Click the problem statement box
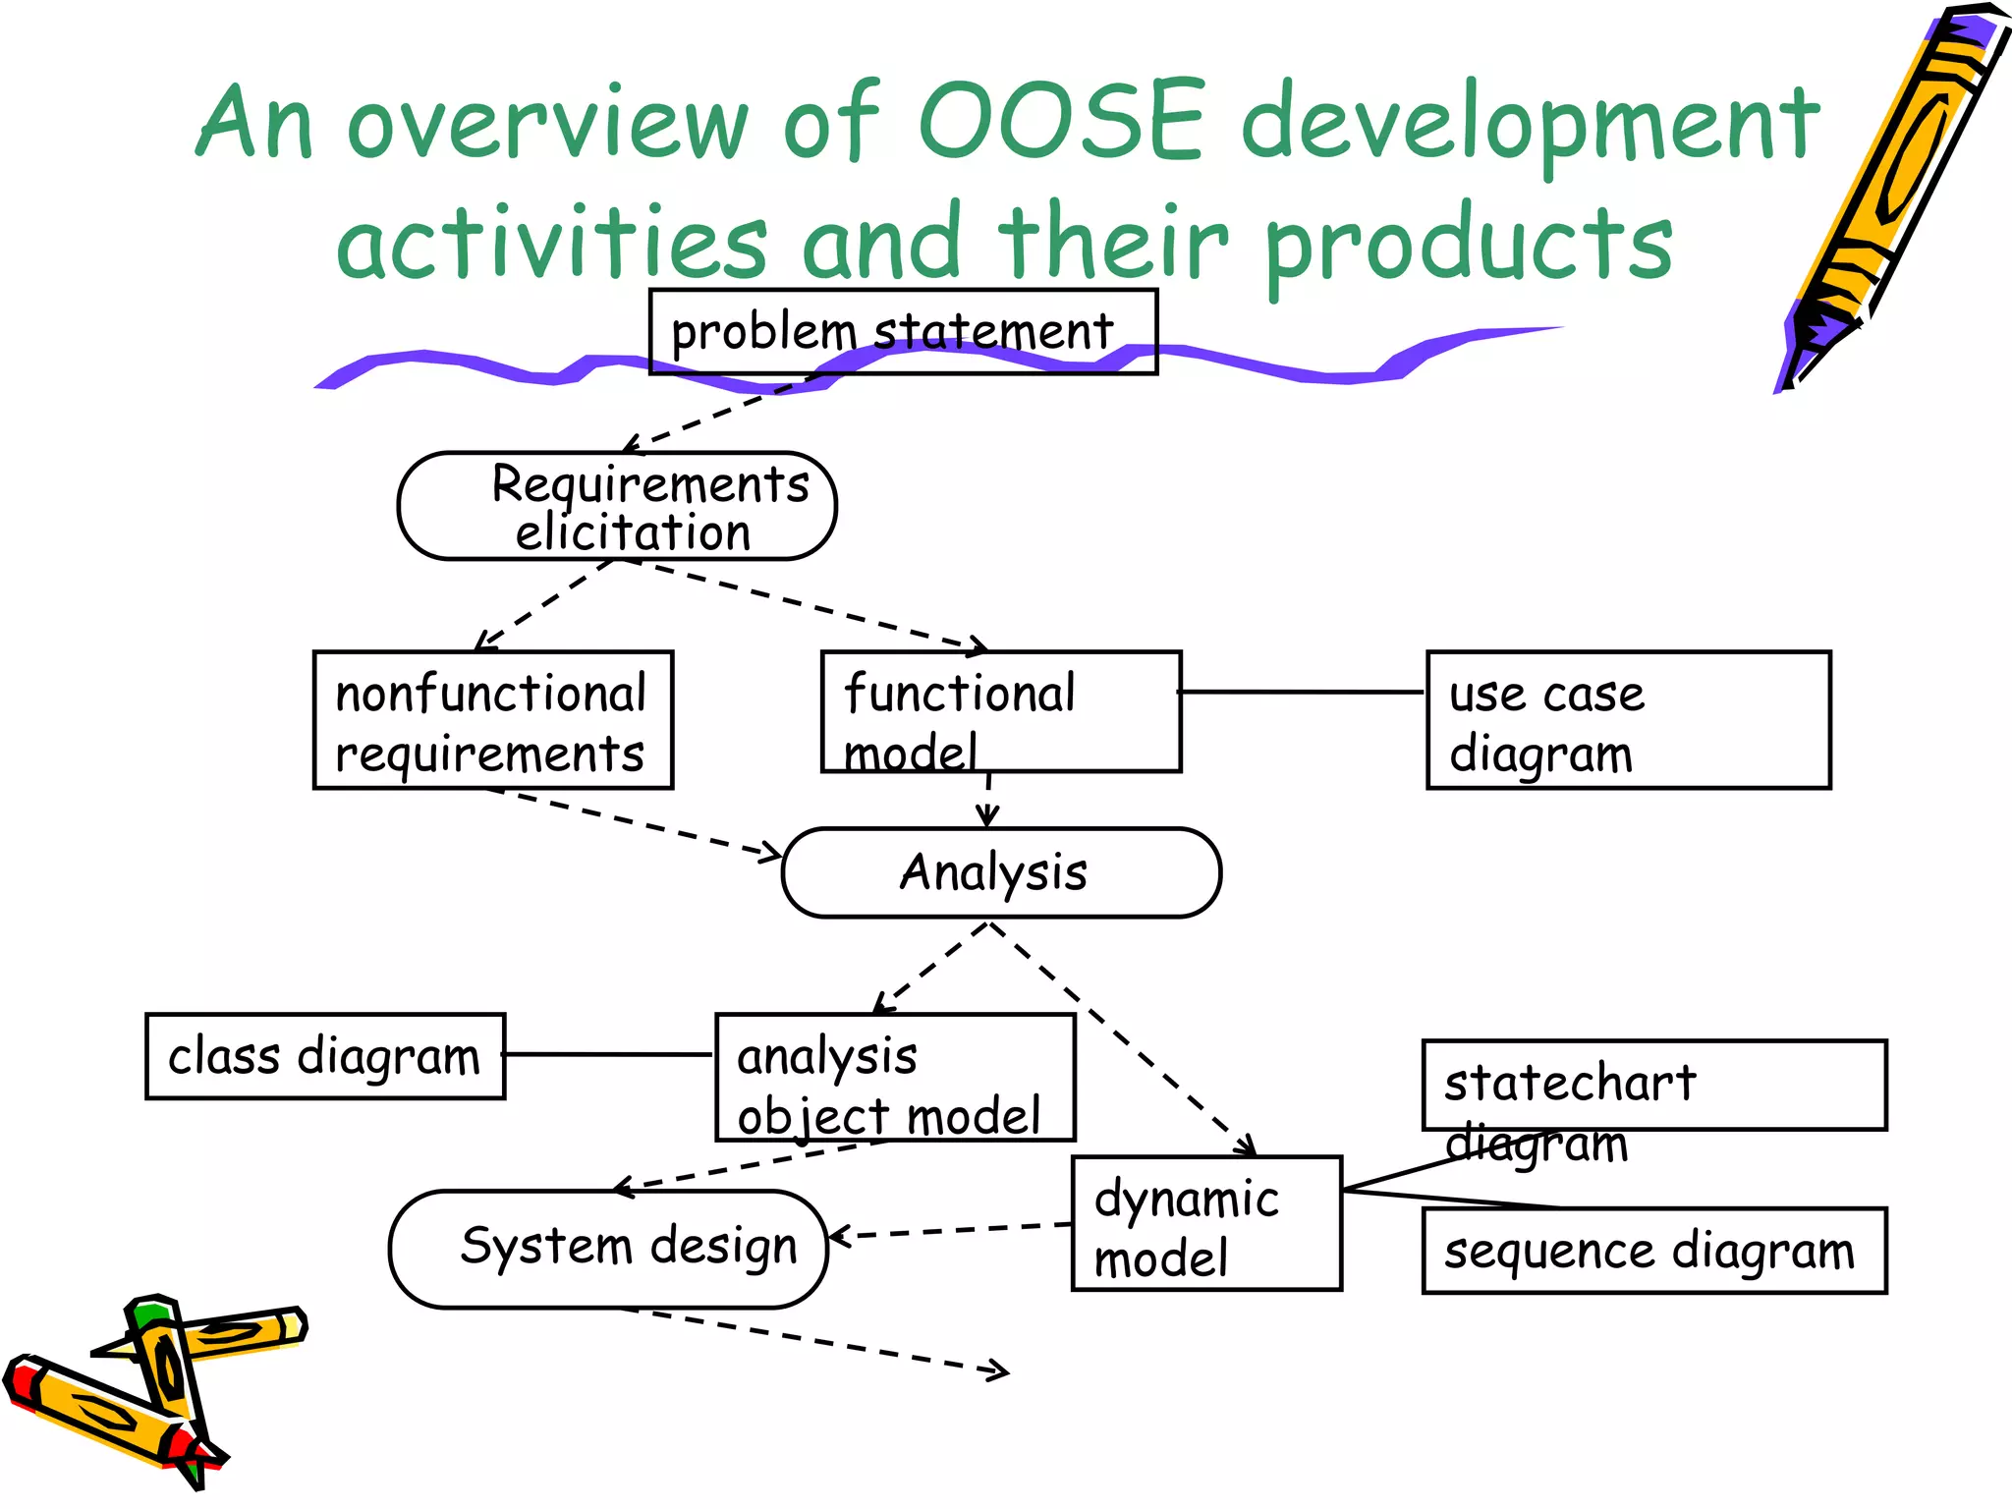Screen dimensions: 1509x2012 tap(902, 332)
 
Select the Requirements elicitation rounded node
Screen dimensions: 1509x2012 tap(617, 507)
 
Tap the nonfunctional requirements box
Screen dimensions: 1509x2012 tap(492, 720)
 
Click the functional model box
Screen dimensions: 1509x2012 tap(1000, 711)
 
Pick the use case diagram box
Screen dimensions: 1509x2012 tap(1627, 720)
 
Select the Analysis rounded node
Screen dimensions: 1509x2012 tap(1000, 872)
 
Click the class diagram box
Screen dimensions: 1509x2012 tap(325, 1056)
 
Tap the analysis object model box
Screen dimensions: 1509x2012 tap(895, 1077)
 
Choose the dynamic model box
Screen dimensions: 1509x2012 tap(1205, 1224)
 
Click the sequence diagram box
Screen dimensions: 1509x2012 tap(1653, 1251)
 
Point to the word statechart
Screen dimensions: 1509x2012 tap(1569, 1084)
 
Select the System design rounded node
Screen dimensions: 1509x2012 tap(608, 1249)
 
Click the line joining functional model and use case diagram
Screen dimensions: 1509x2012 tap(1302, 692)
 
